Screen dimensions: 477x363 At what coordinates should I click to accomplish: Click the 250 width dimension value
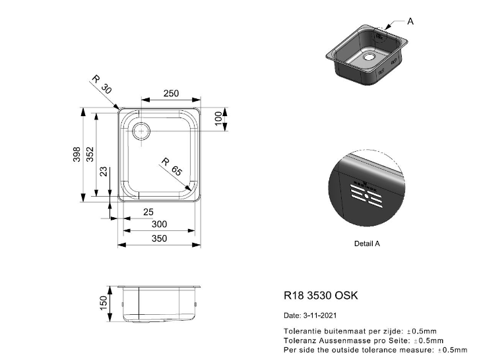coord(171,94)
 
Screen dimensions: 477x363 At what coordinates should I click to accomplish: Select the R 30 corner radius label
coord(102,84)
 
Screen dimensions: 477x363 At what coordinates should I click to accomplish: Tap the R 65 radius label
coord(172,167)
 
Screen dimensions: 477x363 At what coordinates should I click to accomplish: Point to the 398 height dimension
coord(77,154)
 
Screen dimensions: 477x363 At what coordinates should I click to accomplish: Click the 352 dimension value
coord(90,154)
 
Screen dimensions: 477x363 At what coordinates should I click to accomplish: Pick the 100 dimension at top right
coord(218,118)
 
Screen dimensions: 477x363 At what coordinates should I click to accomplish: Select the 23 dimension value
coord(104,172)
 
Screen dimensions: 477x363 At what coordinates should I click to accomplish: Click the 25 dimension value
coord(148,212)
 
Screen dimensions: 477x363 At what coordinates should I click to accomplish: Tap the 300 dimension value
coord(160,224)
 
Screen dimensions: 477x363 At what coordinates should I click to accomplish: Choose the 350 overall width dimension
coord(160,238)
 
